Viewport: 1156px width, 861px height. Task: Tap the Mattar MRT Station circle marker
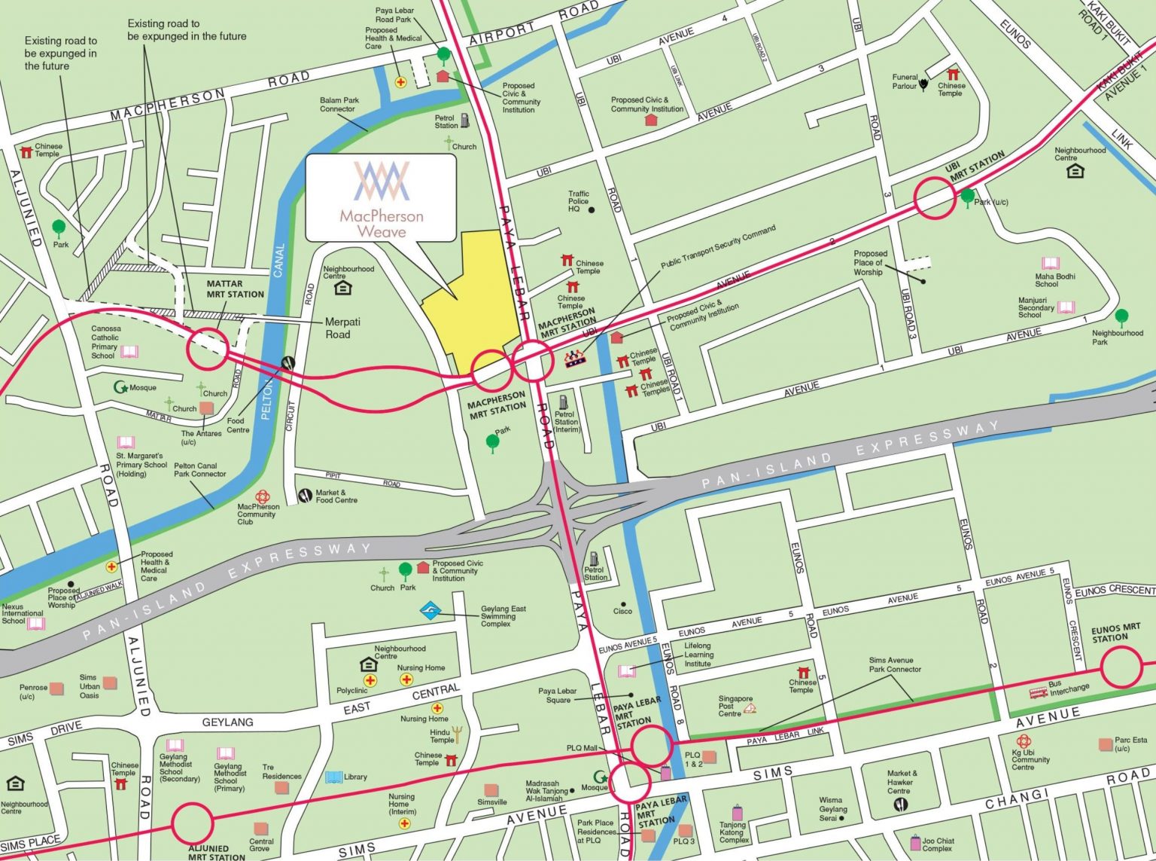pyautogui.click(x=207, y=349)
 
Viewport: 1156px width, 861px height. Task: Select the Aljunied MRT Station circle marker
pyautogui.click(x=193, y=823)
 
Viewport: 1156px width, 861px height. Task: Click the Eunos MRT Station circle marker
pyautogui.click(x=1121, y=667)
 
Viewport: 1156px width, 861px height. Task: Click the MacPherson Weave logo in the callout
pyautogui.click(x=382, y=181)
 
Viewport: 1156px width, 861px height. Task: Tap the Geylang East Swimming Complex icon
pyautogui.click(x=430, y=609)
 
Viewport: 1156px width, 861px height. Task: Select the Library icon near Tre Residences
pyautogui.click(x=333, y=777)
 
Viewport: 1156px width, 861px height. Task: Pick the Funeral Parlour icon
pyautogui.click(x=923, y=85)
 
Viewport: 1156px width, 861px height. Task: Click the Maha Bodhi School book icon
pyautogui.click(x=1051, y=263)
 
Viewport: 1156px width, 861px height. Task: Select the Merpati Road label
pyautogui.click(x=337, y=328)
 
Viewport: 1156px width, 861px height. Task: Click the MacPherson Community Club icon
pyautogui.click(x=263, y=496)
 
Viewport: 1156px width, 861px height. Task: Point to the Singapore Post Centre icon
pyautogui.click(x=749, y=708)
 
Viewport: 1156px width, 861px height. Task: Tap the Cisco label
pyautogui.click(x=622, y=611)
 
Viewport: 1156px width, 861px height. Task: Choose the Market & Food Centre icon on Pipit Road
pyautogui.click(x=305, y=495)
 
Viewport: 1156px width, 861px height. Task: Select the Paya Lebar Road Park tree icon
pyautogui.click(x=444, y=55)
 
